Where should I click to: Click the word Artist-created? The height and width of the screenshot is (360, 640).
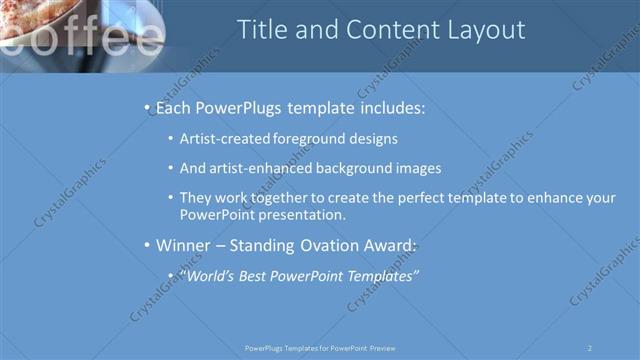pos(225,139)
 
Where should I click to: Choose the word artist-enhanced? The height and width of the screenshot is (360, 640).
pos(262,168)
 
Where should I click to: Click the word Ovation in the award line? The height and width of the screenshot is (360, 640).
pos(323,245)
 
